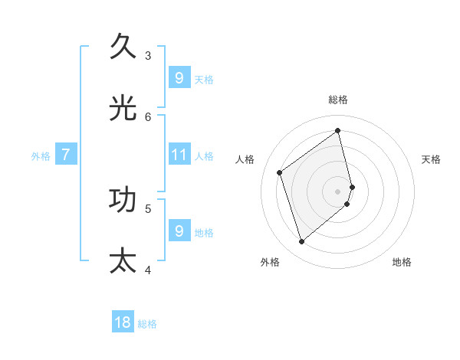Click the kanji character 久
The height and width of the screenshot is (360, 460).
click(x=123, y=47)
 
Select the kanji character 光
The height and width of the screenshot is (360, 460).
click(x=123, y=108)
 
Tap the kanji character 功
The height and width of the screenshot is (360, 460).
click(x=123, y=199)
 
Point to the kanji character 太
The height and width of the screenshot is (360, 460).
click(x=123, y=260)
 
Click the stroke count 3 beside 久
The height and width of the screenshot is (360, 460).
click(x=148, y=55)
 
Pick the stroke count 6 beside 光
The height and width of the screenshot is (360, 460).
click(x=148, y=116)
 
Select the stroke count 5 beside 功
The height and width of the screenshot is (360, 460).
click(x=148, y=208)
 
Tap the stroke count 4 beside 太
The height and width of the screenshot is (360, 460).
click(x=148, y=269)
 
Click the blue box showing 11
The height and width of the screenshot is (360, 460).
click(x=179, y=155)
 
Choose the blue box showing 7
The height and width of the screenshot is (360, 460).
click(x=66, y=155)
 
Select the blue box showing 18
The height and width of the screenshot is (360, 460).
click(x=123, y=322)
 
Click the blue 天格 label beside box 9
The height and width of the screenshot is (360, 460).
click(x=204, y=79)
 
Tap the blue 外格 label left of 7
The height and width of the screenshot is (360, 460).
click(x=41, y=155)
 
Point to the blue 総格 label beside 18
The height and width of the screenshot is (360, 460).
click(x=147, y=324)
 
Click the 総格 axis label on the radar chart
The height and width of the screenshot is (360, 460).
click(x=338, y=100)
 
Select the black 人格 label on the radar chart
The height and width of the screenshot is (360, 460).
click(x=245, y=159)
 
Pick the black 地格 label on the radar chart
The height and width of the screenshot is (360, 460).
click(x=402, y=262)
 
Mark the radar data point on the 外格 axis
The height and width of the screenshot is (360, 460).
click(x=301, y=242)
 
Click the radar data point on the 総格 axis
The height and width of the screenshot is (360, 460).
click(x=338, y=130)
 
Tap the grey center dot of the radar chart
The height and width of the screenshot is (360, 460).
click(x=338, y=191)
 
